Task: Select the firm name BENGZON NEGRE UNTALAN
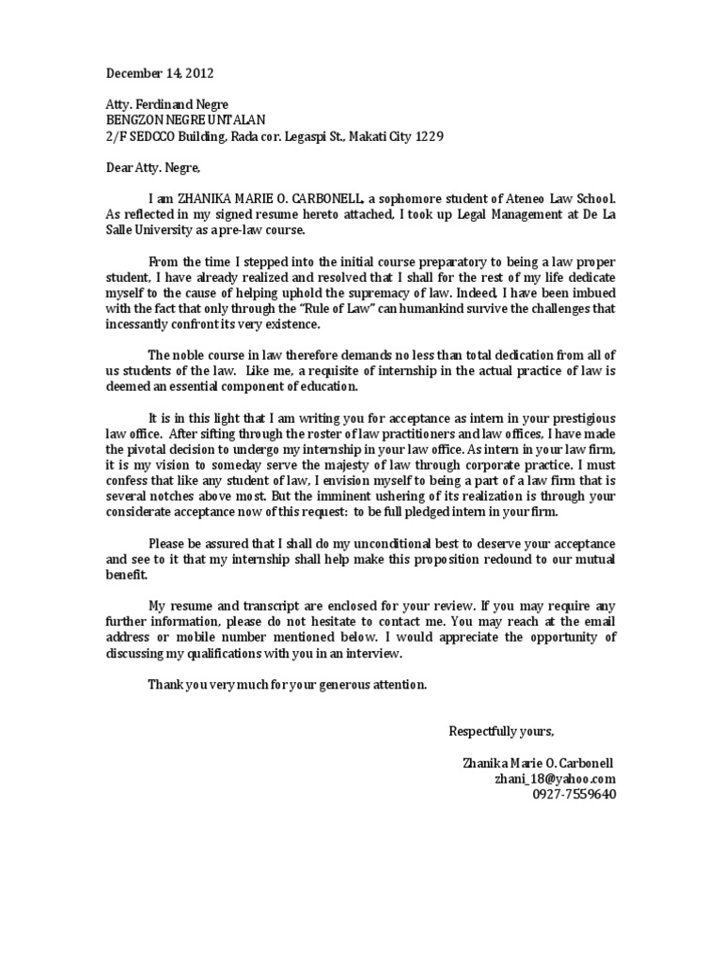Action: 174,120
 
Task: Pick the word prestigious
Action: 583,416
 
